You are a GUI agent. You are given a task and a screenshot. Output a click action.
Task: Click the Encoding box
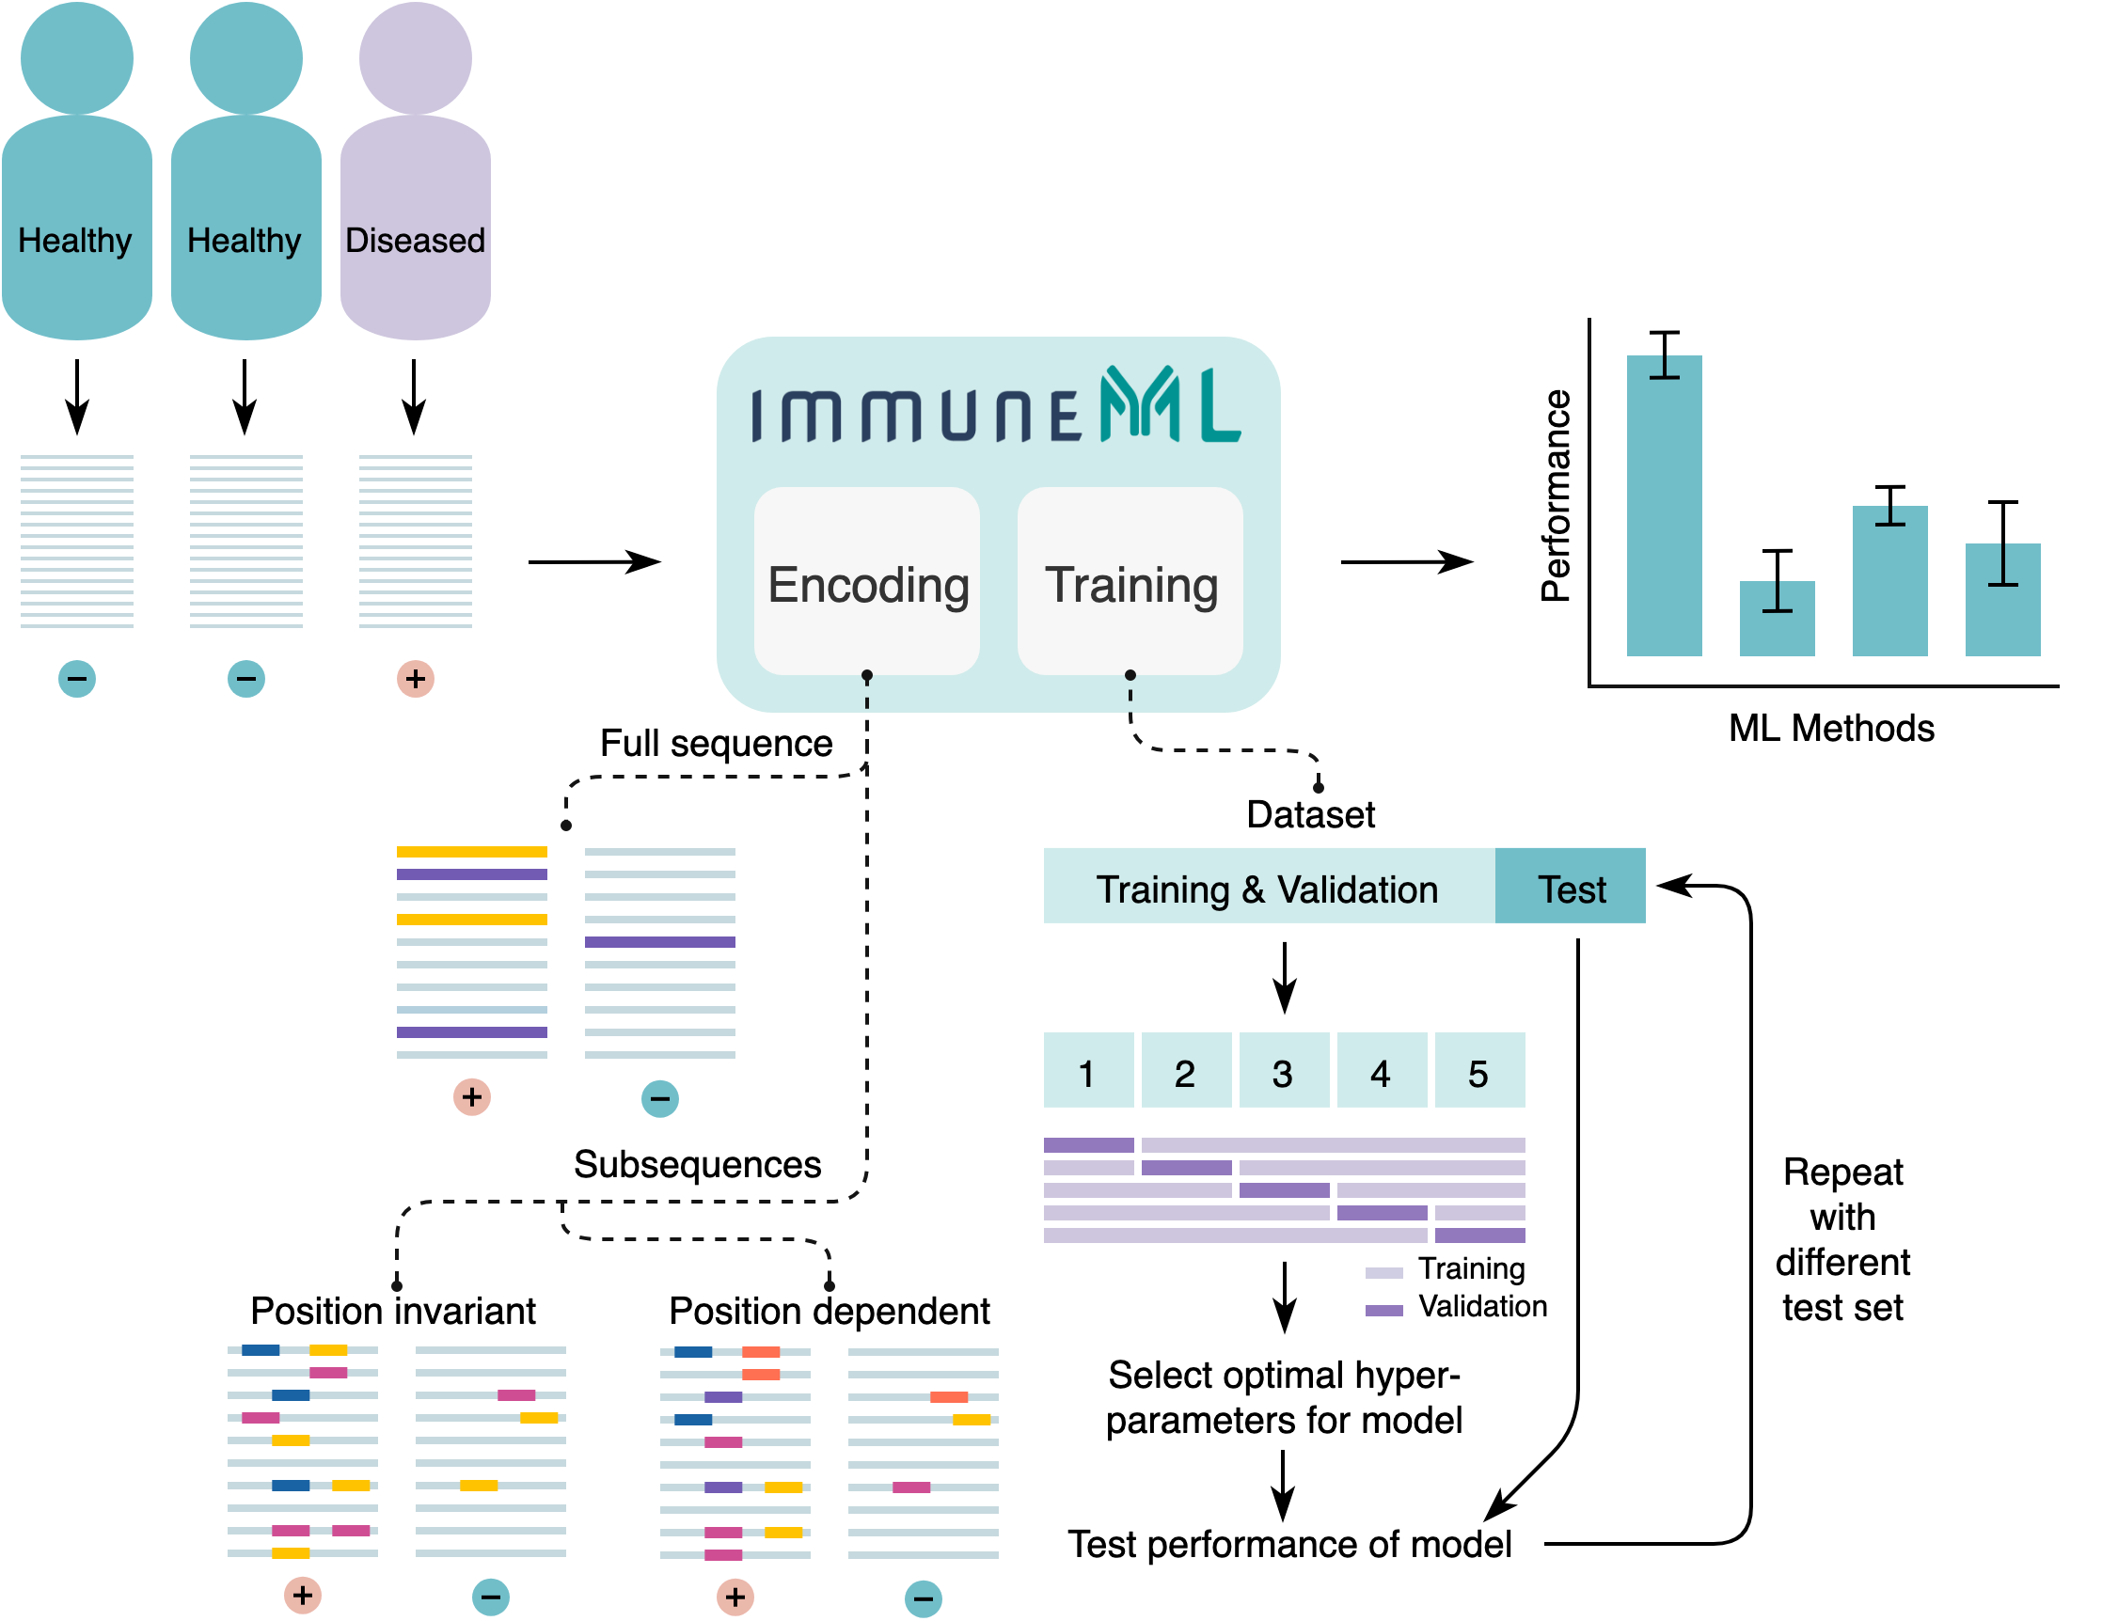point(865,582)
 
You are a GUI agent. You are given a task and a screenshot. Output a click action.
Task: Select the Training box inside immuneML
point(1130,582)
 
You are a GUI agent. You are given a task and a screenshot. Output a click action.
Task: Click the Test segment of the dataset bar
point(1570,887)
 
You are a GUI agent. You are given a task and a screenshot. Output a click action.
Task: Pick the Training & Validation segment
point(1268,887)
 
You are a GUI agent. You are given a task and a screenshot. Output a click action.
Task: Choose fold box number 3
point(1284,1071)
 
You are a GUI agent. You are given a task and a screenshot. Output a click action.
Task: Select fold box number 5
point(1479,1071)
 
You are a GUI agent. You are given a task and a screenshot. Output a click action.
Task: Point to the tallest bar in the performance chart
point(1664,507)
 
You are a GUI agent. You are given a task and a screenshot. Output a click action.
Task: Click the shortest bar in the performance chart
point(1777,620)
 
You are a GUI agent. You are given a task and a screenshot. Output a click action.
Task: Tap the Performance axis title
point(1556,496)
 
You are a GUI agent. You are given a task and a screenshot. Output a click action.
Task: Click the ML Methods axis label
point(1830,729)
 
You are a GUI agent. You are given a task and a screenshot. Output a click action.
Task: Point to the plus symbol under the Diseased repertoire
point(415,679)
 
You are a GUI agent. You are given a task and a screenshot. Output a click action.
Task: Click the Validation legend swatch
point(1383,1311)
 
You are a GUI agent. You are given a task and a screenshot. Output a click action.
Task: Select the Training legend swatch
point(1383,1273)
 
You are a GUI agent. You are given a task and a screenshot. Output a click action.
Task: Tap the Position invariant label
point(393,1312)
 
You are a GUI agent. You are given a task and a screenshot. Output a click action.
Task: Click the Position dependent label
point(829,1312)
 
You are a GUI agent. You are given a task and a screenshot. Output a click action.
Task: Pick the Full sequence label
point(716,744)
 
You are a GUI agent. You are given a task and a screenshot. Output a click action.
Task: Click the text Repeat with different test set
point(1842,1240)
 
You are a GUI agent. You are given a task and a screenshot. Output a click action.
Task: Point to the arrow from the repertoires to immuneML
point(593,561)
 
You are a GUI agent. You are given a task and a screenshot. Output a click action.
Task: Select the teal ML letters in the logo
point(1169,405)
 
